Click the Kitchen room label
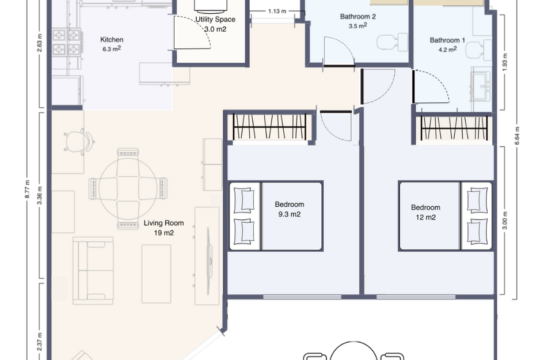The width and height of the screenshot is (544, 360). pyautogui.click(x=112, y=40)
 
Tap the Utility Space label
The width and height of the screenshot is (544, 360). pyautogui.click(x=215, y=20)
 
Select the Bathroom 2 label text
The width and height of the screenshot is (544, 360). pyautogui.click(x=357, y=17)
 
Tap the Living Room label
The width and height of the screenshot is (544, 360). pyautogui.click(x=164, y=223)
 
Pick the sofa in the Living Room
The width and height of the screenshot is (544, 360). pyautogui.click(x=93, y=270)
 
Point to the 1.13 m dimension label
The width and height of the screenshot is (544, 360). pyautogui.click(x=277, y=10)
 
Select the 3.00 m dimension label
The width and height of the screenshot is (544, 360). pyautogui.click(x=505, y=220)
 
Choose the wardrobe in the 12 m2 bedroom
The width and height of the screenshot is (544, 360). pyautogui.click(x=454, y=127)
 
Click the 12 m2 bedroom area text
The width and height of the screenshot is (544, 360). pyautogui.click(x=425, y=217)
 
